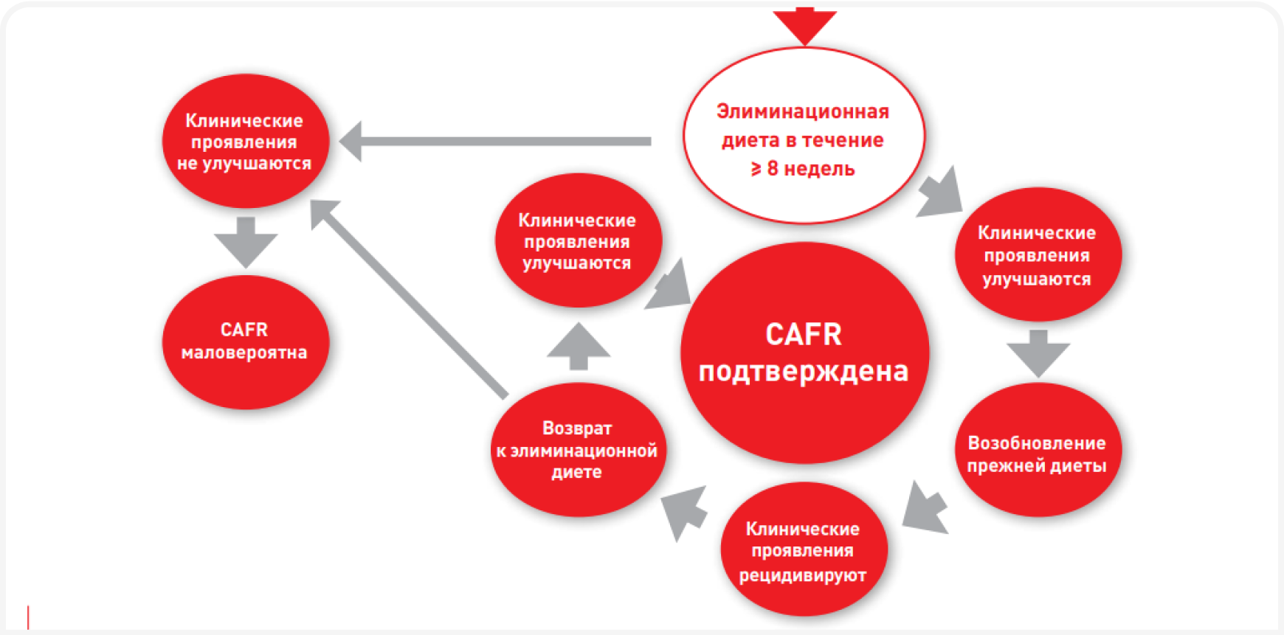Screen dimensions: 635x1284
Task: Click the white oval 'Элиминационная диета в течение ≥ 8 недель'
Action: point(804,136)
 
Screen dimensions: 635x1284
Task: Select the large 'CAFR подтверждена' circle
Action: point(804,353)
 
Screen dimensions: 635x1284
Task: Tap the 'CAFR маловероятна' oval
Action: point(245,341)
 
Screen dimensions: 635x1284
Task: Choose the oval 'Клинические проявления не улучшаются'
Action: point(245,141)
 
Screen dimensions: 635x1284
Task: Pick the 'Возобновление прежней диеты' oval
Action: point(1038,450)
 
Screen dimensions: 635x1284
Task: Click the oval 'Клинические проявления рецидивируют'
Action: point(804,550)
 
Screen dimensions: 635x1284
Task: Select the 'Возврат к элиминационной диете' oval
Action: point(578,450)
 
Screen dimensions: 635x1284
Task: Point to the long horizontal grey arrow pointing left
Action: point(494,141)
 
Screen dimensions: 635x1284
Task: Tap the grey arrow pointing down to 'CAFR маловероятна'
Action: point(246,241)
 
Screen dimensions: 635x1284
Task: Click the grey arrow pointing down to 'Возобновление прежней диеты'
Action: point(1038,353)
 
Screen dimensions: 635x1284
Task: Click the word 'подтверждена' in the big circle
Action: point(804,371)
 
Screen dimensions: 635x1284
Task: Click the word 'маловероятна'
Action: point(244,353)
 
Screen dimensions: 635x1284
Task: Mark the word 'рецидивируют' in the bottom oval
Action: point(803,575)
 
